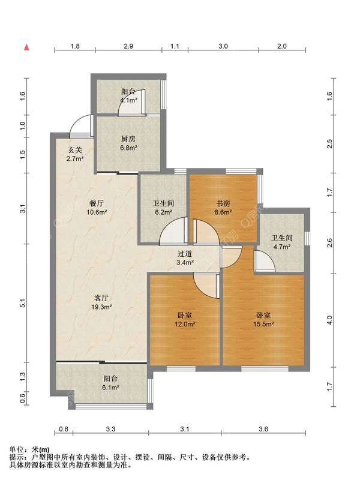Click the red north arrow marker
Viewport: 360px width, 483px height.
(x=27, y=47)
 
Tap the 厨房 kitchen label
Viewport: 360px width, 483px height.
(x=128, y=139)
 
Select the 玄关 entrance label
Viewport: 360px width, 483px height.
(x=75, y=150)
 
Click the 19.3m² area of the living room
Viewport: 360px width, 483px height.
(x=101, y=307)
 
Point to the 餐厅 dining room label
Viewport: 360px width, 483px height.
(x=96, y=203)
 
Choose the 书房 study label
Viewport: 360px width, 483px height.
(x=223, y=203)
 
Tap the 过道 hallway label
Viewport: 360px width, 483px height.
(x=185, y=254)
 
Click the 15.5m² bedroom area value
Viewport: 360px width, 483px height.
(x=263, y=324)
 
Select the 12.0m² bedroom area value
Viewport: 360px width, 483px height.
(x=185, y=324)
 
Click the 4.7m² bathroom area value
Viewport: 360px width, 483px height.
(x=282, y=247)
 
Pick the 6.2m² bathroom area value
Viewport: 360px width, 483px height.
(x=163, y=212)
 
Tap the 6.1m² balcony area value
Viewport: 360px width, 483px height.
(x=110, y=387)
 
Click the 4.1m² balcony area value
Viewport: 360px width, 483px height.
(x=129, y=100)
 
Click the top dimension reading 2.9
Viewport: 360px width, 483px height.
(x=128, y=46)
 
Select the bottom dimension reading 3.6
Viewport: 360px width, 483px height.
(x=263, y=429)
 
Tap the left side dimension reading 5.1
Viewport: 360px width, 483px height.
(x=22, y=304)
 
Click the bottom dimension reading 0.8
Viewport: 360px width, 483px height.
(x=64, y=429)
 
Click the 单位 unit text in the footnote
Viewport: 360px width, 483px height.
(x=17, y=449)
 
